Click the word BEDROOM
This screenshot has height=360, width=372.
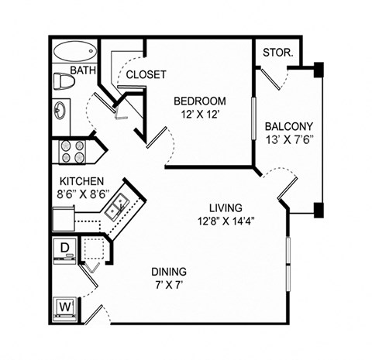click(x=199, y=101)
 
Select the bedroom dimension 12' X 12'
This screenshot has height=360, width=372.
click(x=199, y=115)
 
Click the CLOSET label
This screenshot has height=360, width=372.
click(x=146, y=74)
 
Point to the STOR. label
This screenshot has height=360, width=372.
click(x=278, y=53)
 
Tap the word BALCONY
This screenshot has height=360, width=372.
click(x=288, y=126)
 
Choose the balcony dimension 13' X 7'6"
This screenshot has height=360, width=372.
click(x=288, y=141)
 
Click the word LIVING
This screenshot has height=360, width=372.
click(x=226, y=207)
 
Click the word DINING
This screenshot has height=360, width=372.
click(x=168, y=272)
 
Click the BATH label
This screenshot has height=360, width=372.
click(x=83, y=70)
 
